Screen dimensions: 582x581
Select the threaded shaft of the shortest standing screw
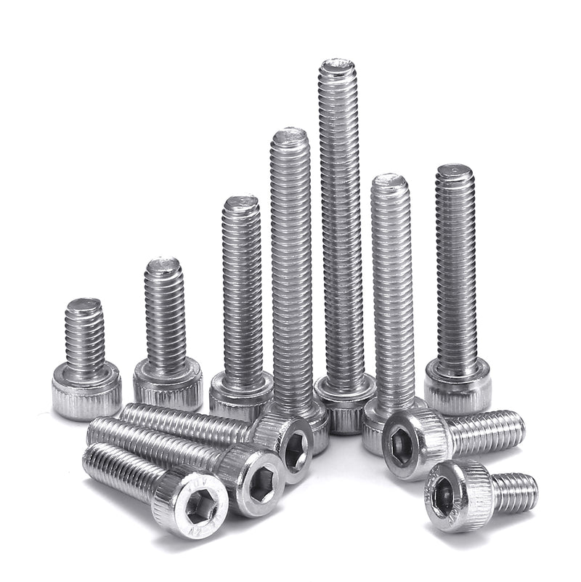click(84, 334)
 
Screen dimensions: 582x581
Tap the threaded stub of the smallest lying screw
click(513, 491)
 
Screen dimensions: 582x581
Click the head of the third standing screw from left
click(240, 392)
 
